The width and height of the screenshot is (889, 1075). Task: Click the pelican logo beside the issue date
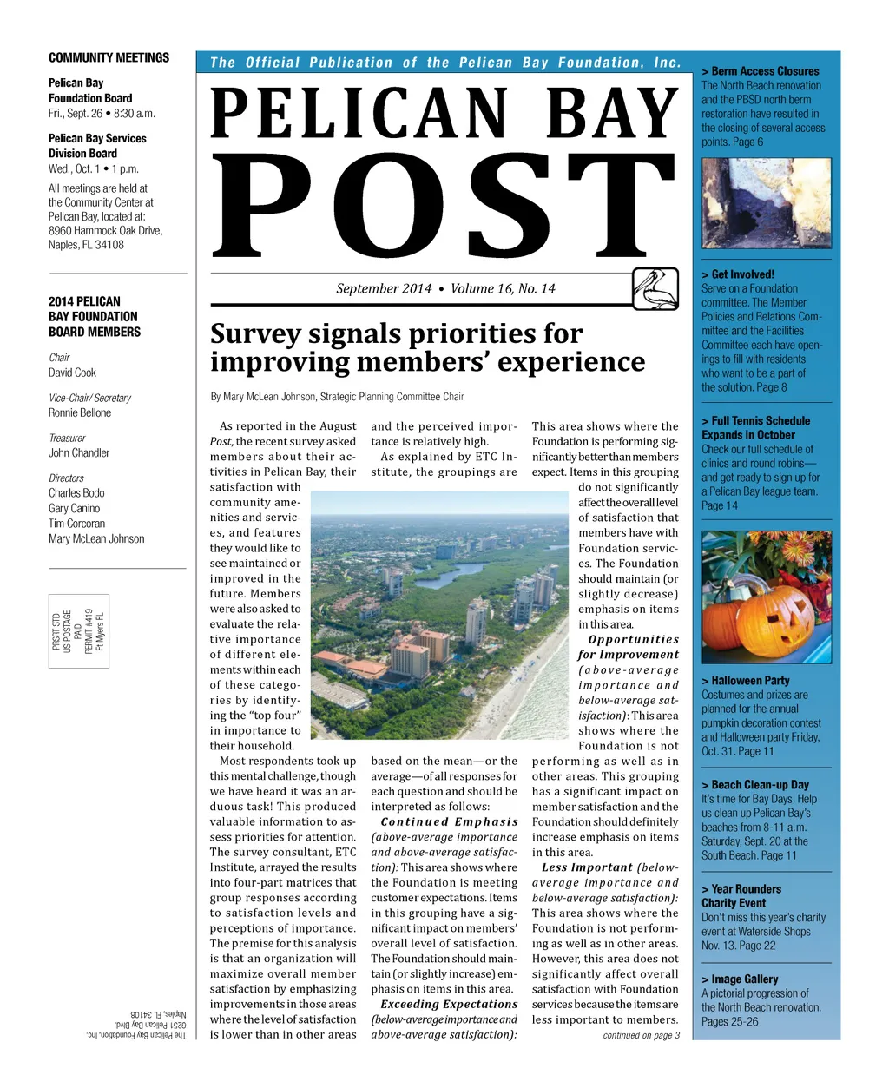655,289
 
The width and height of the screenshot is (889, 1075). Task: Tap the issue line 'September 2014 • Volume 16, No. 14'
445,288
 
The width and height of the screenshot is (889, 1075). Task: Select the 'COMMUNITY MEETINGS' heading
109,58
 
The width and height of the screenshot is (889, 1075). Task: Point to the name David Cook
72,373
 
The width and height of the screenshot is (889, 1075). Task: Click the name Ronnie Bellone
80,412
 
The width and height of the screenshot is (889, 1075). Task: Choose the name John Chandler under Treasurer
79,452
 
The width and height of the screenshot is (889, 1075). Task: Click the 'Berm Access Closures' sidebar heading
765,71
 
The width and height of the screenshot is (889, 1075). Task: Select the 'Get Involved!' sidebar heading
742,274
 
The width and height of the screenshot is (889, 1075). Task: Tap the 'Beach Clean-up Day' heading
760,784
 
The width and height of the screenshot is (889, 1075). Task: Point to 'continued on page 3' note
641,1035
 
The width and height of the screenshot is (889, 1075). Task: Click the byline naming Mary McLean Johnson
337,397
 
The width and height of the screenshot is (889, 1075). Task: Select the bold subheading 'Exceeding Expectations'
449,1004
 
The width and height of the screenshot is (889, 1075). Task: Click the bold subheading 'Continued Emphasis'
449,821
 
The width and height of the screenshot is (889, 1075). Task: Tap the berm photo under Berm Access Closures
766,203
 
